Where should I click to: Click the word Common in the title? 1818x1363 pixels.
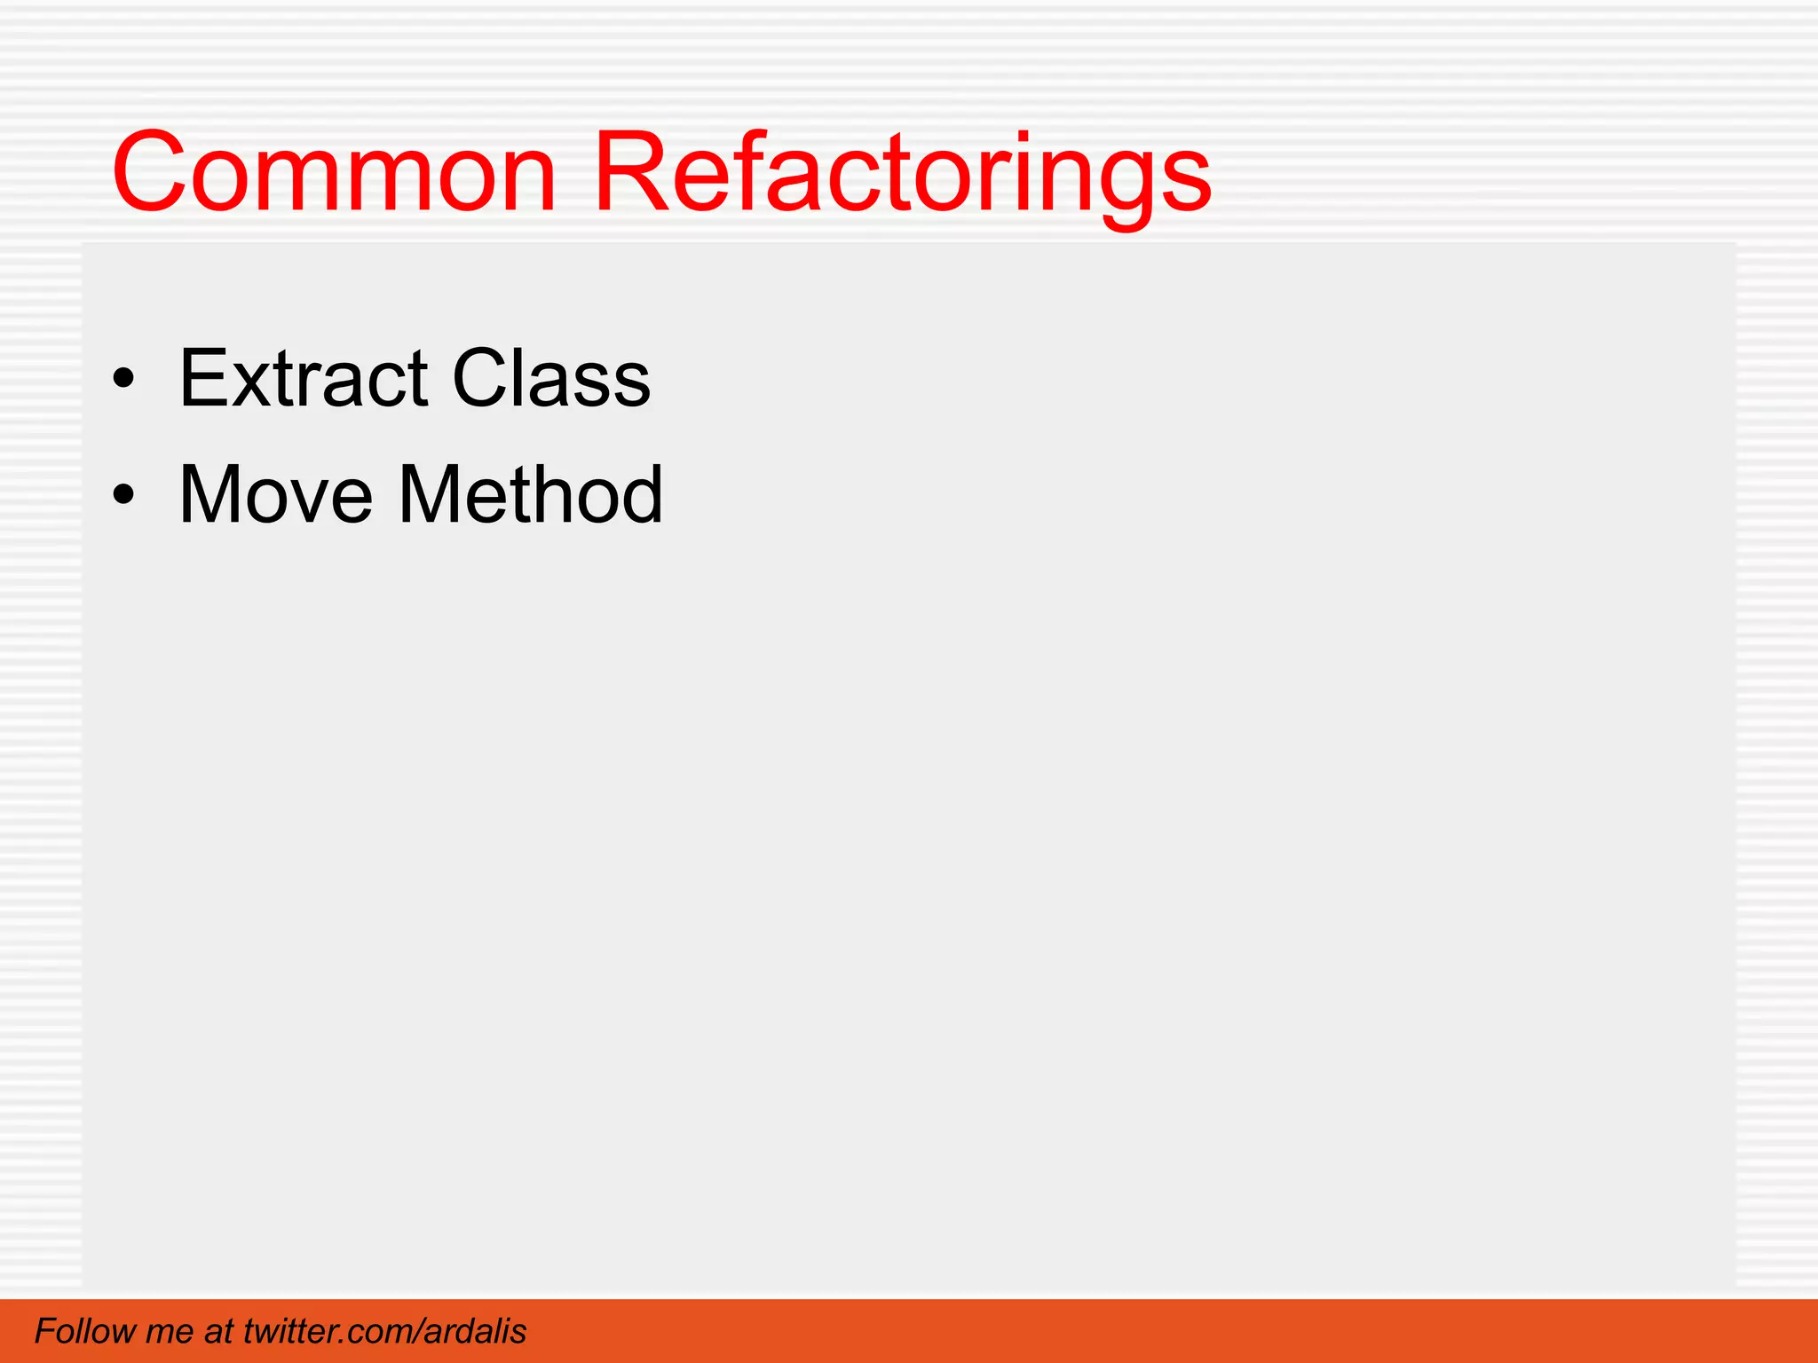334,173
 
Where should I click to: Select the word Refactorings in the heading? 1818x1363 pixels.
901,173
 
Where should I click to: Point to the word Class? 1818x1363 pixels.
551,379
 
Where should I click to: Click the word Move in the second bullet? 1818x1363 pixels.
276,495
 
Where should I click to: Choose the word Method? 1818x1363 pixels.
531,495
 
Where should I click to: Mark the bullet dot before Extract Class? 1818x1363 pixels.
124,380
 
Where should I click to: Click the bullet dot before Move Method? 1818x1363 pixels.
124,495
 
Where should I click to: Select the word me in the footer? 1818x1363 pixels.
169,1331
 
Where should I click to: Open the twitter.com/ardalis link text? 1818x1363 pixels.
384,1331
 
